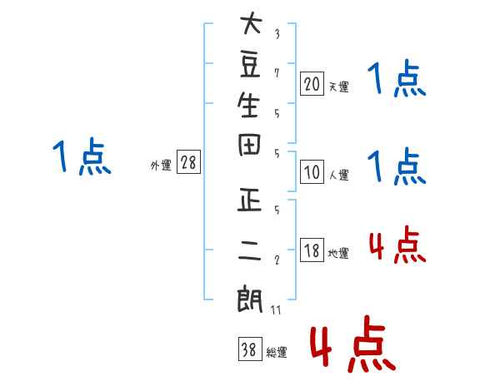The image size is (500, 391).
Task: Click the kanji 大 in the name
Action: (x=252, y=23)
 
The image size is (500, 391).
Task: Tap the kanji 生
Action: (x=248, y=105)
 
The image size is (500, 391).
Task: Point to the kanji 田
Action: (x=249, y=145)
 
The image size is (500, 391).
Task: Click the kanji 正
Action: (x=250, y=200)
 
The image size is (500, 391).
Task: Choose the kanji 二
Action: (x=250, y=250)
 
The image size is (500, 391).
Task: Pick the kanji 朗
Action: (x=249, y=300)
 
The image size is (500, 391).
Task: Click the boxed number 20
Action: (x=312, y=84)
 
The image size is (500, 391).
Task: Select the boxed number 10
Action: (x=312, y=172)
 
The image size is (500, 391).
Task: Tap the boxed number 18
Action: (x=312, y=250)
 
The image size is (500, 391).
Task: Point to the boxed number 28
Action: (x=188, y=161)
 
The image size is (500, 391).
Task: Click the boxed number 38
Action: (x=250, y=349)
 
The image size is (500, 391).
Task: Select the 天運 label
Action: (x=339, y=87)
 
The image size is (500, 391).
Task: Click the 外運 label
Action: (x=161, y=165)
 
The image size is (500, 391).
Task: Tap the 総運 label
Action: (x=277, y=352)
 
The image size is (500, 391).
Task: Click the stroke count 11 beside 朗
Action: (x=276, y=309)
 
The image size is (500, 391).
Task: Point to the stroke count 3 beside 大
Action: (x=277, y=34)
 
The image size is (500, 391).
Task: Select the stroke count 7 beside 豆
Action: (x=277, y=73)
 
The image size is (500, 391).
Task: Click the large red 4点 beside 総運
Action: (x=353, y=344)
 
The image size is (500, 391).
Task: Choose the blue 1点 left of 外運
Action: (x=82, y=156)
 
